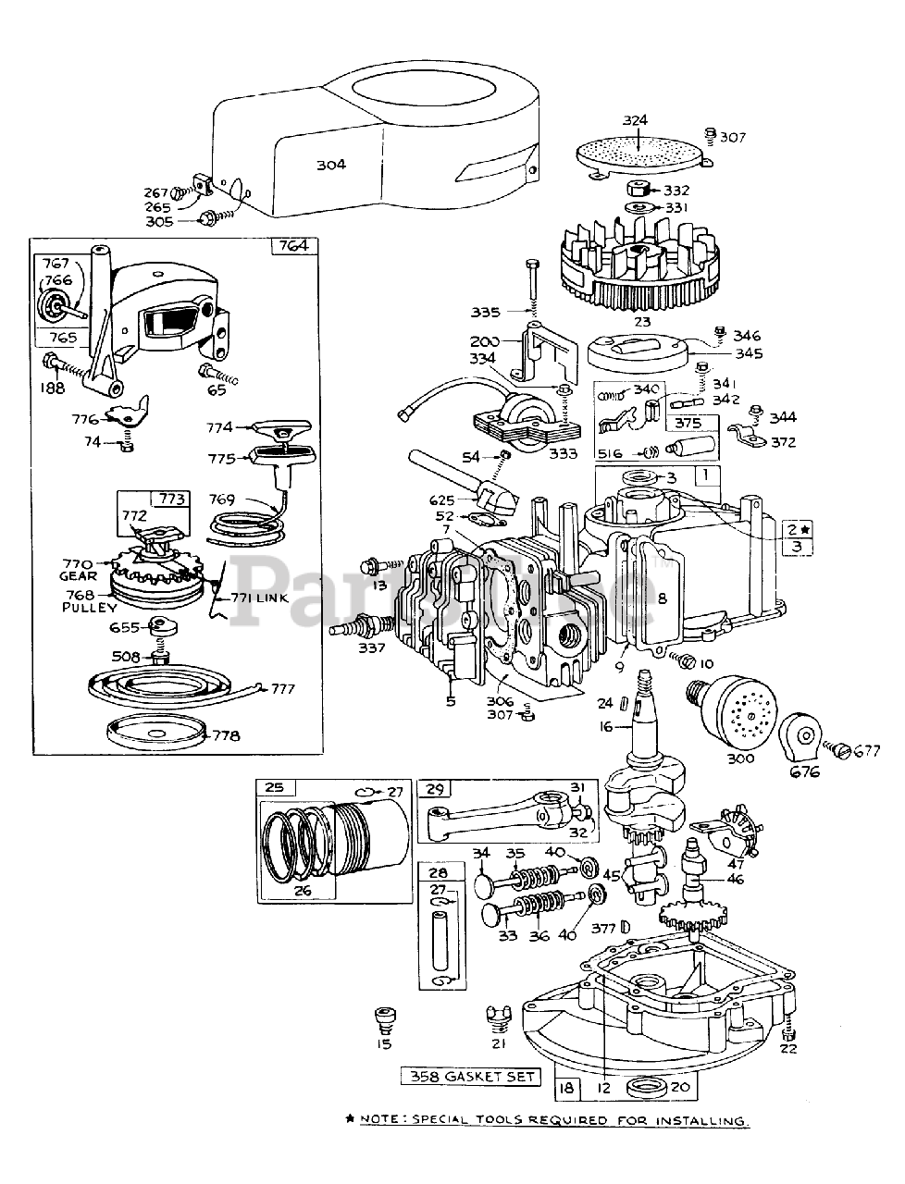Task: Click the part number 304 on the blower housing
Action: (330, 165)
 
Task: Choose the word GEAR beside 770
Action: (79, 575)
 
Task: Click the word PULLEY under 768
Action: (89, 608)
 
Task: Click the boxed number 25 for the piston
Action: (275, 788)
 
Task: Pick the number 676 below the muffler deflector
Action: (803, 771)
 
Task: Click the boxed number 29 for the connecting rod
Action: (435, 788)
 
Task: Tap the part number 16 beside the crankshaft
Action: (605, 727)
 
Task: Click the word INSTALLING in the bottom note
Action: (705, 1121)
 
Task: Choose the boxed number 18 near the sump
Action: (566, 1088)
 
